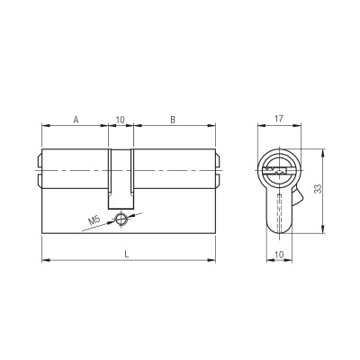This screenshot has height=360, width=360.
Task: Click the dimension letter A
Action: pos(76,118)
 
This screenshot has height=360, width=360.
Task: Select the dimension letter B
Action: pos(173,118)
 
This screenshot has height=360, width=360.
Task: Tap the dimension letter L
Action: pos(127,255)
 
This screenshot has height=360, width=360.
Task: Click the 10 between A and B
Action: pos(120,118)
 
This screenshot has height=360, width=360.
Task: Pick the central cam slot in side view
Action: pos(120,180)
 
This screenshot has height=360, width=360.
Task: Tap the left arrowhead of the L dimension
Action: pos(46,262)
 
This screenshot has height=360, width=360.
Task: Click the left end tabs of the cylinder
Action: pos(40,169)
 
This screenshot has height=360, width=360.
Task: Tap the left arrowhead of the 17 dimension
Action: pos(263,127)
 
